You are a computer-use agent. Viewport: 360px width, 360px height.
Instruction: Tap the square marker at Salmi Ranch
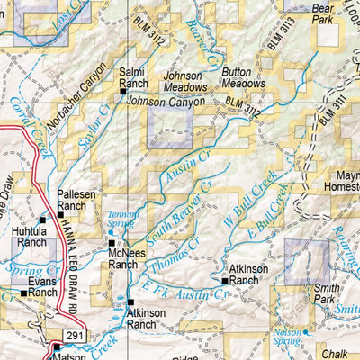point(123,91)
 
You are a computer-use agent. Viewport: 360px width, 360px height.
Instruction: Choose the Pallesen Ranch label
point(72,201)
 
